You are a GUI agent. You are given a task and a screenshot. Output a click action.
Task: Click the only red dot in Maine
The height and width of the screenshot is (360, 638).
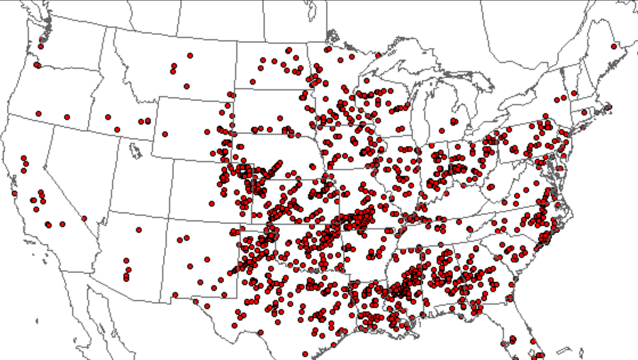click(612, 47)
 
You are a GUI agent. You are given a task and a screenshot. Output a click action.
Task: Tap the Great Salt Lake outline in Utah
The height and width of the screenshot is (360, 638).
click(133, 150)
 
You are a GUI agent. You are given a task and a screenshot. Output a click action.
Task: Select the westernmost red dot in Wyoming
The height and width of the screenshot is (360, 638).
click(165, 134)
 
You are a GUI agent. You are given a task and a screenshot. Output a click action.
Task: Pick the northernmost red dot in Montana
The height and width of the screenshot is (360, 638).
click(190, 55)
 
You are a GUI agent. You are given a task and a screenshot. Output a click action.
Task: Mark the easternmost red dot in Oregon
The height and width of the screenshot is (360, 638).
click(67, 117)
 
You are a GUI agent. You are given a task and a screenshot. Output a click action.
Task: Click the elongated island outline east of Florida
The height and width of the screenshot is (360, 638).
click(565, 350)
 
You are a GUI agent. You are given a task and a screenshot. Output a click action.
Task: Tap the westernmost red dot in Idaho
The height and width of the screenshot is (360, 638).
click(108, 117)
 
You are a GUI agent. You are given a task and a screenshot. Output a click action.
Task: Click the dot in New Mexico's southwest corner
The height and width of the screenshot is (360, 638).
click(175, 295)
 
